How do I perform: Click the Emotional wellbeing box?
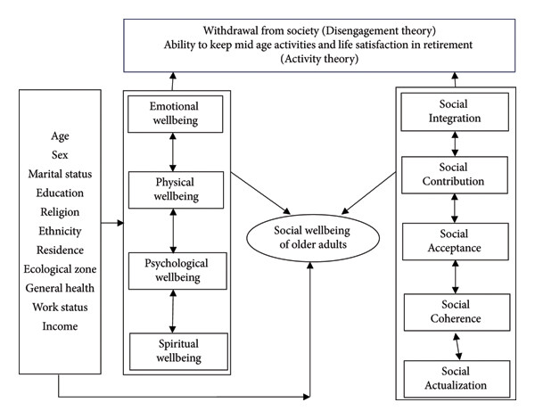coord(175,114)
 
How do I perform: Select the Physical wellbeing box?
coord(176,190)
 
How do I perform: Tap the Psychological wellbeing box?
coord(177,271)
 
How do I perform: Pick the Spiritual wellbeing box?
coord(178,351)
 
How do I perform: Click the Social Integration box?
coord(455,112)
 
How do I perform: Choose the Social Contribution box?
coord(455,175)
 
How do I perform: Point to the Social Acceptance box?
coord(455,242)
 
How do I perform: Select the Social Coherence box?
coord(457,312)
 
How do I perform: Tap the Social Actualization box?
coord(457,379)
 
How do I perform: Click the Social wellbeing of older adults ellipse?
coord(313,238)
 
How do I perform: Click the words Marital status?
coord(60,174)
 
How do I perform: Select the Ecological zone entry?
coord(60,269)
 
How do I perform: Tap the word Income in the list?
coord(60,326)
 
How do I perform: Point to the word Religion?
coord(60,212)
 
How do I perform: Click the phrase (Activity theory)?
coord(319,59)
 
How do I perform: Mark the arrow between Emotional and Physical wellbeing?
coord(173,152)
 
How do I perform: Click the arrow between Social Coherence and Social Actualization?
coord(457,346)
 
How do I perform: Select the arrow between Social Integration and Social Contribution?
coord(455,144)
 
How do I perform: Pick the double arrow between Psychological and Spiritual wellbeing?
coord(173,311)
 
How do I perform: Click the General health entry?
coord(60,288)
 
